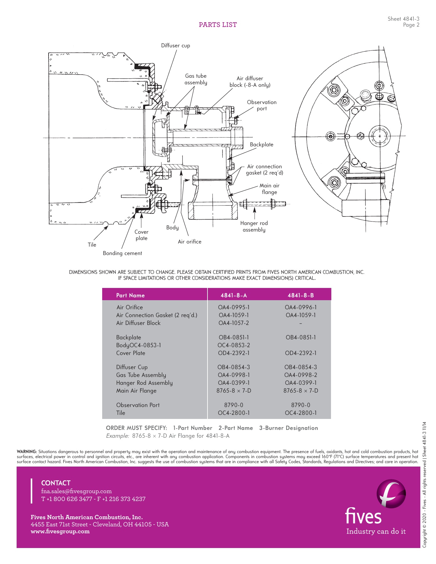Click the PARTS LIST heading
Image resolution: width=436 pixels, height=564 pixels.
[218, 25]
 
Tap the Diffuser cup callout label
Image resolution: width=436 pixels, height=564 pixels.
[176, 45]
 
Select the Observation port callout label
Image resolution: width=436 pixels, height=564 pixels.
[262, 105]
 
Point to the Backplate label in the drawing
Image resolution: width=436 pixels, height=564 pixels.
[261, 144]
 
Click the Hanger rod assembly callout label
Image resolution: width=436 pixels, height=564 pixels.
[254, 226]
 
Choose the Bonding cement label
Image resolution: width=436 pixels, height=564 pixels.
[122, 253]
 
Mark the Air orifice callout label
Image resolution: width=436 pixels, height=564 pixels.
[189, 242]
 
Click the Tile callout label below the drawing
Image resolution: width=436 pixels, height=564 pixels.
[92, 245]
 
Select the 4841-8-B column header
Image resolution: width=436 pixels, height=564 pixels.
[301, 295]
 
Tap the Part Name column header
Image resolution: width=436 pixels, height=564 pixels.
[130, 295]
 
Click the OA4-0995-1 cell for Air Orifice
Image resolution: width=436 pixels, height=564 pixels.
[234, 307]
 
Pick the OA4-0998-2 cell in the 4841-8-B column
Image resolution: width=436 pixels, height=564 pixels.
[301, 375]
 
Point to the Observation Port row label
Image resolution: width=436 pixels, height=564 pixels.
[138, 405]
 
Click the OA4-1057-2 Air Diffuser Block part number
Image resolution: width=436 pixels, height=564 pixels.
[234, 323]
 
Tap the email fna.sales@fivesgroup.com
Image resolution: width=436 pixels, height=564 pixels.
[76, 491]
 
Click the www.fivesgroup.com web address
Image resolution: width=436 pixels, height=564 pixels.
[60, 531]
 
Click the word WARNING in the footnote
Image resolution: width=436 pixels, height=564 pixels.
[27, 452]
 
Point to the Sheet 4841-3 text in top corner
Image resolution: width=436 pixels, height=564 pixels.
[403, 19]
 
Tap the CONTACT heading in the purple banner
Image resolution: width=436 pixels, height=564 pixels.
[56, 483]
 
